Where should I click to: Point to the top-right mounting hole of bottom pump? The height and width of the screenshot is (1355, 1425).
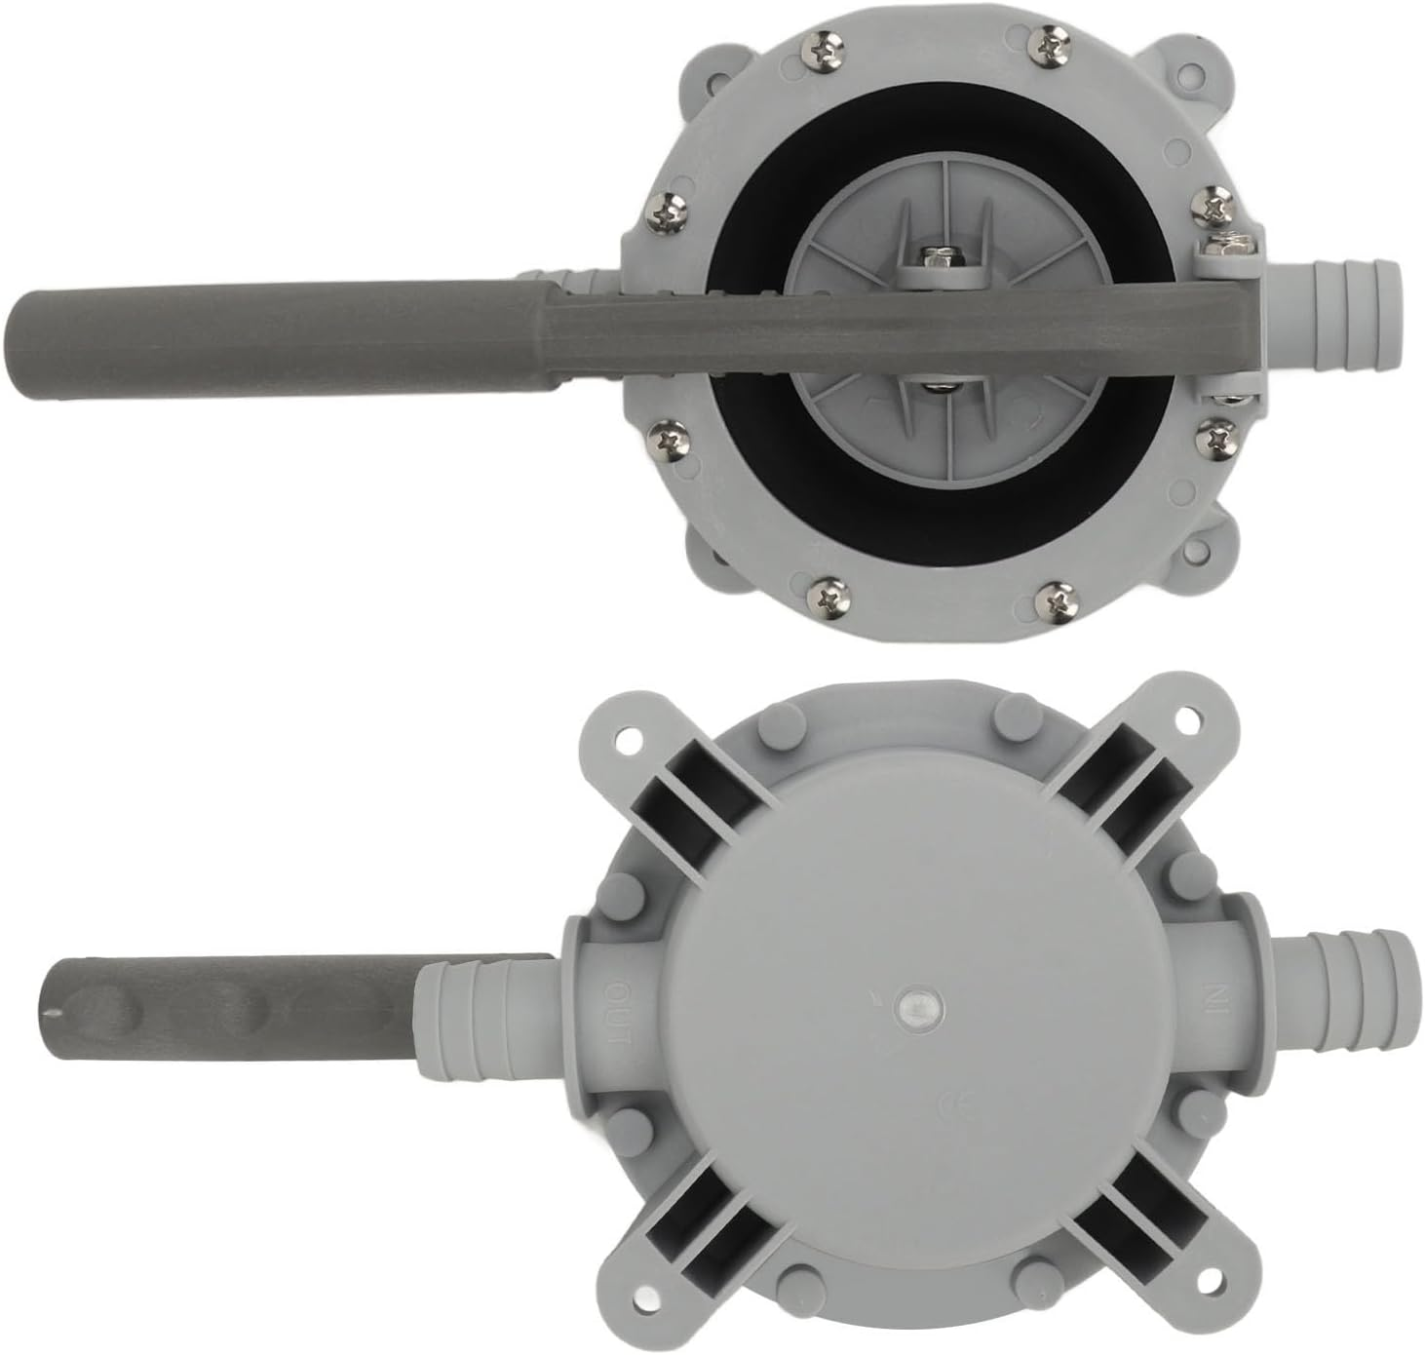(x=1186, y=718)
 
